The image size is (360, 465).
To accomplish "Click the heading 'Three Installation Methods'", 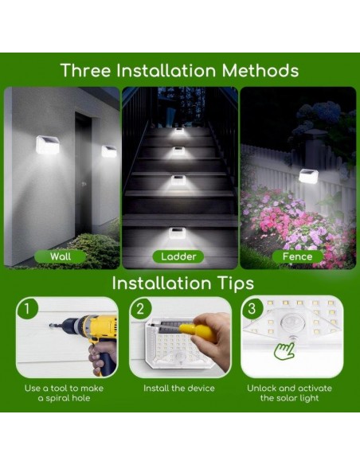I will click(180, 70).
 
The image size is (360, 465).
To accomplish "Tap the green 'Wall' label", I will click(61, 256).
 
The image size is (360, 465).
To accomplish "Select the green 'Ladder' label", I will click(179, 256).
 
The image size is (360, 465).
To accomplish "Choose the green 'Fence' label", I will click(297, 256).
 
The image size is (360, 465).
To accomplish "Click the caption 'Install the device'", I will click(179, 388).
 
